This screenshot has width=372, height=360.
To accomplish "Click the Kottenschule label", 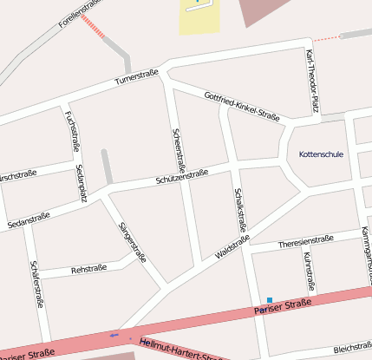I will tap(321, 154).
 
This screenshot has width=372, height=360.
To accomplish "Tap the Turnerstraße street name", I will tap(137, 79).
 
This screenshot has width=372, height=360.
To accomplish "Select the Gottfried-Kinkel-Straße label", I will tap(241, 106).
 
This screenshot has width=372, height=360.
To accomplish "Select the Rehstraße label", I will tap(88, 269).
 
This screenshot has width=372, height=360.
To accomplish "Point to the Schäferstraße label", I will tap(36, 284).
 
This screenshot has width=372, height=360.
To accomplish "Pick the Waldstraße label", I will tap(232, 246).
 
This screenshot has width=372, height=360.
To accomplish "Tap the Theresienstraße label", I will tap(305, 240).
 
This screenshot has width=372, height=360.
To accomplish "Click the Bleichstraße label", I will tap(351, 344).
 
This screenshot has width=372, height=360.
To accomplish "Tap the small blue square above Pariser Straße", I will tap(270, 300).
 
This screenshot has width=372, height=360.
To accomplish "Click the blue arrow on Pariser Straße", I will tap(114, 334).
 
